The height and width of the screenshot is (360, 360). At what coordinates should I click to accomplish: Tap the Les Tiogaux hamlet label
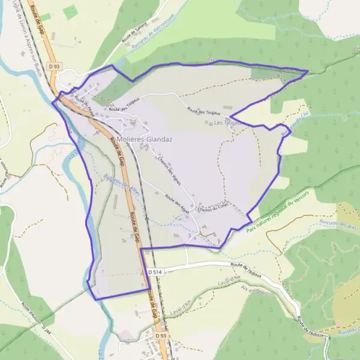(227, 123)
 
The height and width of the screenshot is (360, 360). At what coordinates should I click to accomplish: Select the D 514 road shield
(155, 272)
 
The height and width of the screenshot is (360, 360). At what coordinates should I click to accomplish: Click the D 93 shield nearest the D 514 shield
(160, 336)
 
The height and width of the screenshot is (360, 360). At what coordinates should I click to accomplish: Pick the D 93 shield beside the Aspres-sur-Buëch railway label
(55, 66)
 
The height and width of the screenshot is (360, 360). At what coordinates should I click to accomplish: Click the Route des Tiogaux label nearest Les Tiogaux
(204, 112)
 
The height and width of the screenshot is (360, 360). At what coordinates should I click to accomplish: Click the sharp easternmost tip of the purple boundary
(308, 71)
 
